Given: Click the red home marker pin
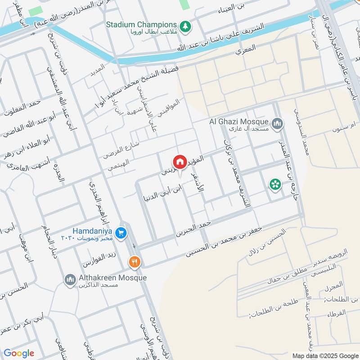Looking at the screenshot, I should point(180,162).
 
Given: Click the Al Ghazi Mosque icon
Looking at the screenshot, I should point(278,122).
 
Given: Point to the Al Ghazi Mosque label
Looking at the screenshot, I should point(238,121).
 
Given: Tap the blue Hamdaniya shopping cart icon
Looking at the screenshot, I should point(121,233).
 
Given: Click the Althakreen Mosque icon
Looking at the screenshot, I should point(70,280).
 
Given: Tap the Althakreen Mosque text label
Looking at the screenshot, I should point(112,278).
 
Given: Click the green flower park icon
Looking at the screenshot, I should point(274,184).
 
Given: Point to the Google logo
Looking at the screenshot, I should point(18,353).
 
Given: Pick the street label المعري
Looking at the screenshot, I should point(246,50).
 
